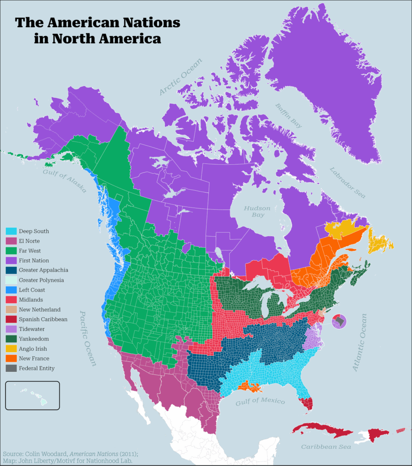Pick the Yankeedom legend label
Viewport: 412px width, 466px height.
pos(34,339)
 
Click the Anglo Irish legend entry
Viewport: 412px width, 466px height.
pos(33,349)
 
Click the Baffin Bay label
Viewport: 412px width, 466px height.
pos(288,116)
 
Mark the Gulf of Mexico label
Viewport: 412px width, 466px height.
pos(260,401)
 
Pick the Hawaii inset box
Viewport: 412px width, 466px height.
pos(32,395)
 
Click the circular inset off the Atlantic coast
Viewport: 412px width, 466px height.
pos(339,321)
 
